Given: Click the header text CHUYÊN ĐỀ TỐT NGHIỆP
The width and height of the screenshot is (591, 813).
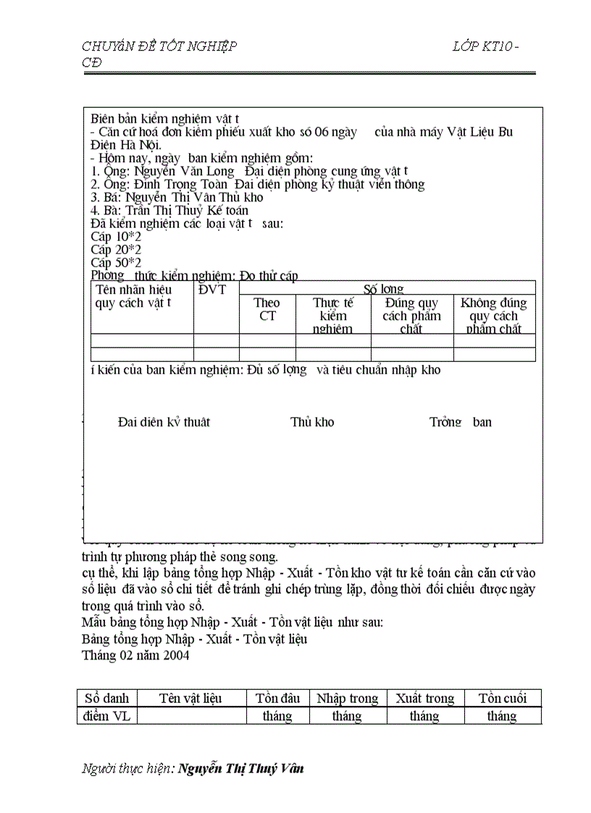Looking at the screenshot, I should click(159, 47).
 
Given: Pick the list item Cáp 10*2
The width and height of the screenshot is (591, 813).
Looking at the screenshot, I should click(116, 237).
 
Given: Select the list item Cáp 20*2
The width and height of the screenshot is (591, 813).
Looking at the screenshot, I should click(116, 250).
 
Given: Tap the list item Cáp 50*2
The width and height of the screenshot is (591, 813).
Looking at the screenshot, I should click(116, 263).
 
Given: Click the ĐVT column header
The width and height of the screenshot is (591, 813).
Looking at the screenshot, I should click(212, 290).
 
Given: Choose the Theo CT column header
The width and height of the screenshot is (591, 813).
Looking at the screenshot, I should click(267, 309).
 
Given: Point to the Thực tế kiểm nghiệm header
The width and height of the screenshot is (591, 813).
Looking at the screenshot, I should click(333, 316).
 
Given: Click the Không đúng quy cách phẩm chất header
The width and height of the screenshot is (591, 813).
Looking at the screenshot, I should click(494, 316).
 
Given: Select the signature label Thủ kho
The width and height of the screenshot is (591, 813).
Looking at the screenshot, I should click(312, 422).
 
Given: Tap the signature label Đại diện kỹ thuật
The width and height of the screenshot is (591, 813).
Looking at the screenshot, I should click(164, 422).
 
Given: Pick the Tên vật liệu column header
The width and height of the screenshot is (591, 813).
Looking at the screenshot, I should click(190, 699).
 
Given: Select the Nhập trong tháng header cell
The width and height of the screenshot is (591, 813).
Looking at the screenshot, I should click(348, 707).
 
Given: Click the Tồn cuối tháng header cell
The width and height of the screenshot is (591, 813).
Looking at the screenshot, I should click(502, 707).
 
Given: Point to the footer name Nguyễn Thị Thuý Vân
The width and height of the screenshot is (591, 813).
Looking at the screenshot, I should click(241, 769).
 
